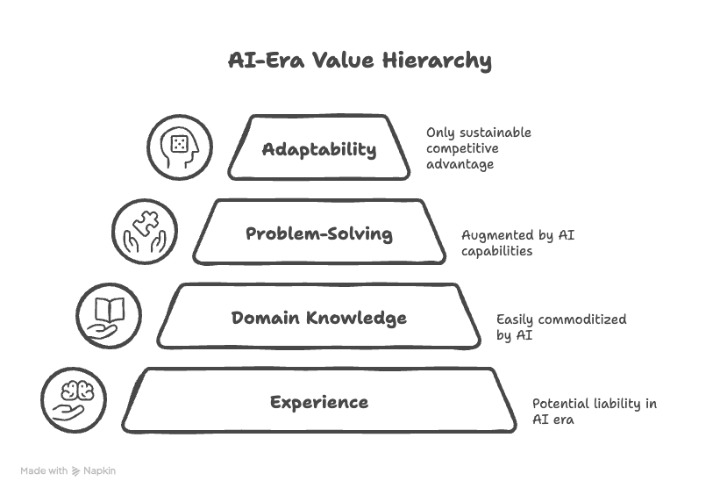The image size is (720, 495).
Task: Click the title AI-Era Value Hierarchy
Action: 360,61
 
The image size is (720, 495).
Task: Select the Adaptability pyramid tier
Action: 319,148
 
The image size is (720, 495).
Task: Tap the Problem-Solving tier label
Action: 319,233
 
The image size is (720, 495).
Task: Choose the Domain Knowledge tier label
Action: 319,318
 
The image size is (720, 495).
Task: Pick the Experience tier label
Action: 319,402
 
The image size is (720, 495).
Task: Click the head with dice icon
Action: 180,146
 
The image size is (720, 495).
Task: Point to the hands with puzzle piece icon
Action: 145,231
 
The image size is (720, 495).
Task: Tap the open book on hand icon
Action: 109,315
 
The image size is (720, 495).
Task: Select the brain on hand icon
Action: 74,399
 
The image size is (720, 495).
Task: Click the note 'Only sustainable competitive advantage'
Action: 479,148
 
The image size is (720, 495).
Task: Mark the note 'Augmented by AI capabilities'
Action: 517,242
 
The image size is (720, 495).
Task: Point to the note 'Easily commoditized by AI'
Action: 561,326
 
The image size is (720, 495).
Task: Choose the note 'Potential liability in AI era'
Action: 594,411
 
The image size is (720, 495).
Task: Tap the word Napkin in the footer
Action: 100,471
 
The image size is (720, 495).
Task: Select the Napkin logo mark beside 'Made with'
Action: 76,471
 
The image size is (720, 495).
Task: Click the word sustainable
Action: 496,133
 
